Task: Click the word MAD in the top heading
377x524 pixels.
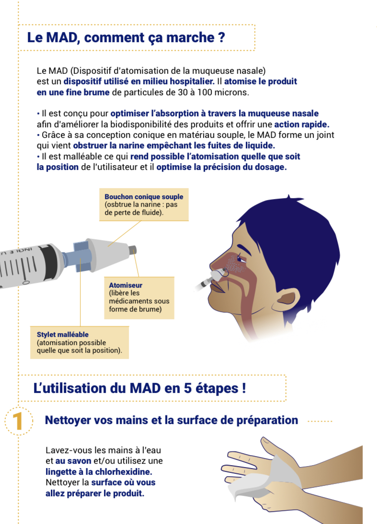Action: (x=61, y=37)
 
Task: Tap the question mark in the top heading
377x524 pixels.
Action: (x=221, y=37)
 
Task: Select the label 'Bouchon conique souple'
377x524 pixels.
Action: (x=144, y=197)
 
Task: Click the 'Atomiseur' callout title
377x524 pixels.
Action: (x=126, y=285)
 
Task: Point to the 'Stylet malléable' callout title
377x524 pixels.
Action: (x=63, y=334)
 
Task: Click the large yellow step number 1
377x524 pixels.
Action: (x=18, y=421)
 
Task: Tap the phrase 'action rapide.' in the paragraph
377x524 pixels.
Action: (x=302, y=124)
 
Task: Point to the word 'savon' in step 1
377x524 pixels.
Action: (x=80, y=461)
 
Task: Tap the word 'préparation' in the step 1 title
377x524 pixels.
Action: (x=267, y=421)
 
